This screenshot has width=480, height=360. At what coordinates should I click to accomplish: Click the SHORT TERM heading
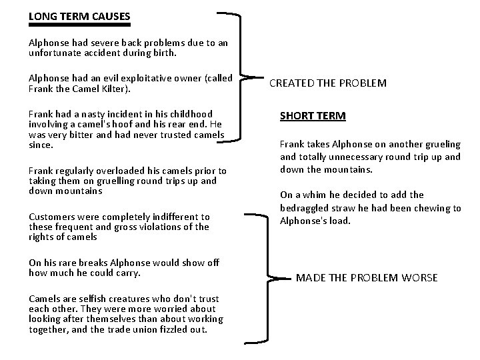pos(313,116)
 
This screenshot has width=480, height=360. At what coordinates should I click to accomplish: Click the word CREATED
pos(293,83)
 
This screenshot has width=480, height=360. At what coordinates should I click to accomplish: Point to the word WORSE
pos(419,277)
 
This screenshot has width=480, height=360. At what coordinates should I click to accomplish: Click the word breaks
pos(85,263)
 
